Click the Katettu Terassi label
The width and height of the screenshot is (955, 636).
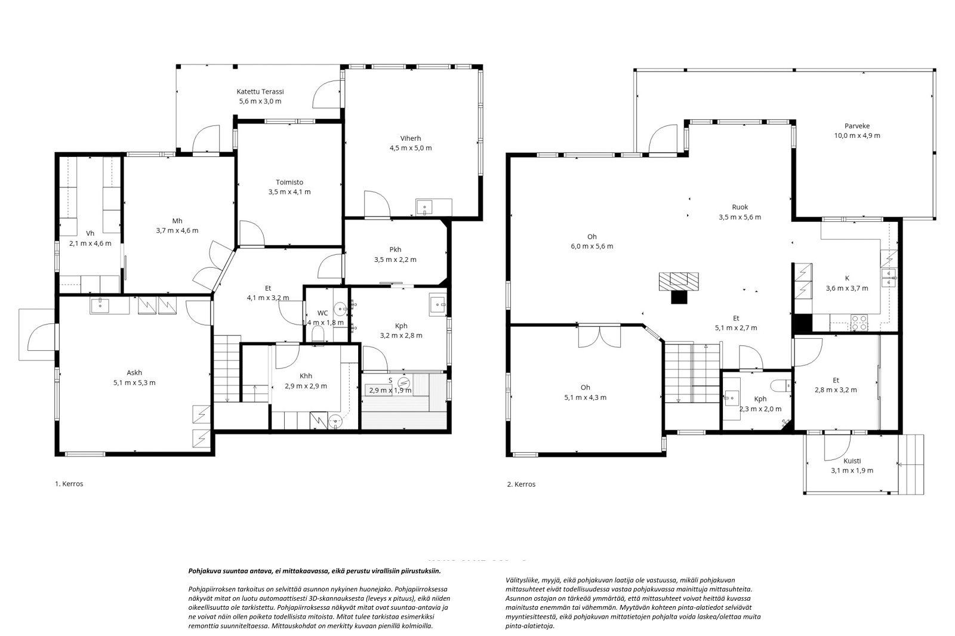tap(260, 92)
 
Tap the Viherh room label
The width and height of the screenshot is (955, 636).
tap(411, 138)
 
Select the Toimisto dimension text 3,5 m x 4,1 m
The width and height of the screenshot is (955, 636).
tap(289, 192)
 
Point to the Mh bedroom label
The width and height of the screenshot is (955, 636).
tap(177, 221)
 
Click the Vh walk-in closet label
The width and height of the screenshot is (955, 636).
tap(90, 234)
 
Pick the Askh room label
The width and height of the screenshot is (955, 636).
tap(134, 373)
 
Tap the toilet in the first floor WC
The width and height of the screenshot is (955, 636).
tap(318, 334)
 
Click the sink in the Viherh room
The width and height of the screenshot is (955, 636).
tap(424, 208)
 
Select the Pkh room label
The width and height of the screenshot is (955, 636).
tap(395, 250)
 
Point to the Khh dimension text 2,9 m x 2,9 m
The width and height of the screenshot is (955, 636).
tap(306, 386)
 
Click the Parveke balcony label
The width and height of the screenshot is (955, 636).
tap(857, 126)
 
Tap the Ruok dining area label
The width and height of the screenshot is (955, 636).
tap(740, 207)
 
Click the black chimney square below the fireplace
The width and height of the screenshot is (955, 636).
tap(680, 297)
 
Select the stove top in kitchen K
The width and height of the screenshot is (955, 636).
tap(859, 323)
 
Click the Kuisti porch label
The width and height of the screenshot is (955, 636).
tap(852, 461)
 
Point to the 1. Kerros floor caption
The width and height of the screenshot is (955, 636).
tap(69, 484)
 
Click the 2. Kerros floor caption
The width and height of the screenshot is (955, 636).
tap(522, 484)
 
